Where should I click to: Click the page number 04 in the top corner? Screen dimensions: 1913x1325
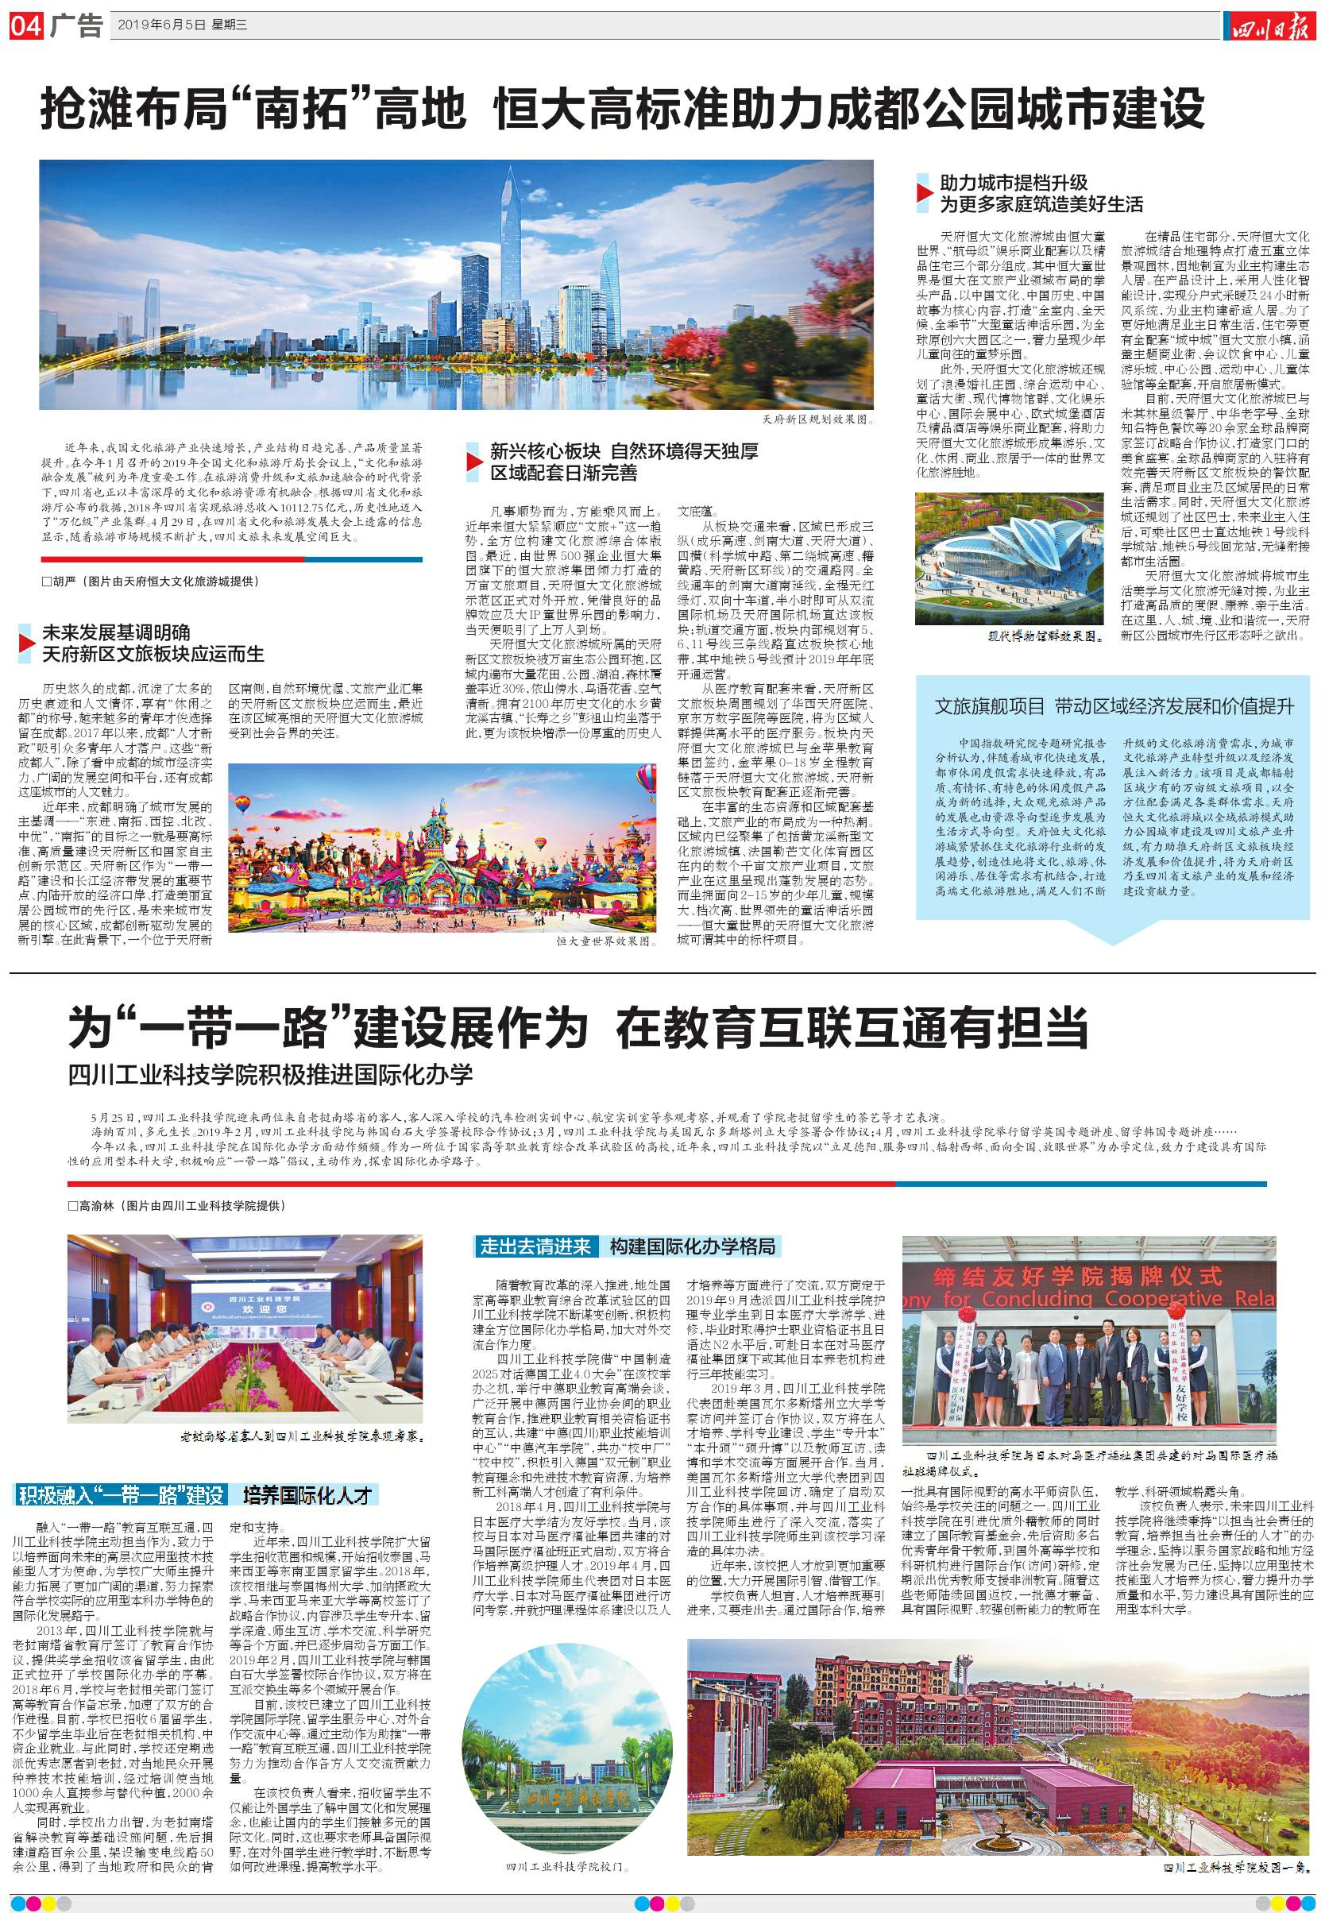[x=25, y=26]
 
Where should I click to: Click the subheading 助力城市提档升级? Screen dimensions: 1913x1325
[x=1013, y=184]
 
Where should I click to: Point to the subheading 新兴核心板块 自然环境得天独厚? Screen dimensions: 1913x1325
[x=623, y=453]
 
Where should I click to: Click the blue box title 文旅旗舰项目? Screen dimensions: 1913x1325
[x=989, y=706]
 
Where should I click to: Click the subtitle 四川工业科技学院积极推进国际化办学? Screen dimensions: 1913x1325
[x=272, y=1074]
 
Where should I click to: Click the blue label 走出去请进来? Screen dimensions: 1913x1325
[x=535, y=1246]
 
